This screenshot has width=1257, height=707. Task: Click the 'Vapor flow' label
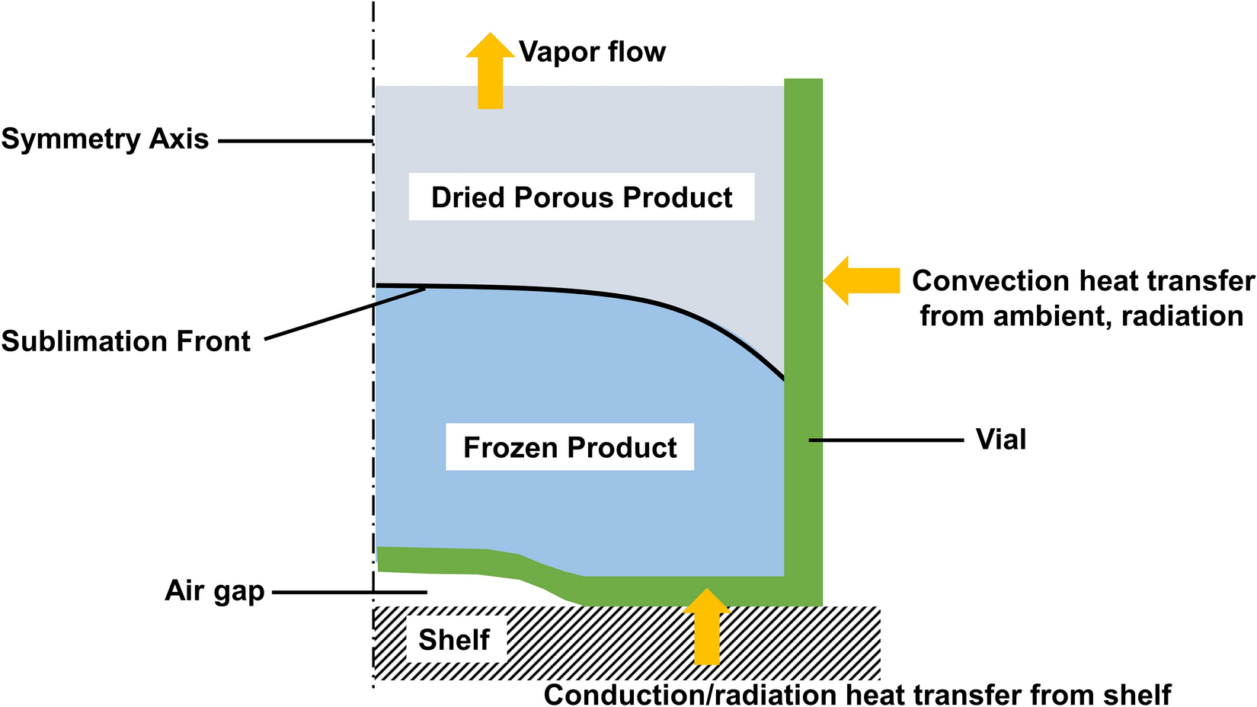pos(592,52)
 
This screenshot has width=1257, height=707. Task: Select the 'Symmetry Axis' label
pos(105,139)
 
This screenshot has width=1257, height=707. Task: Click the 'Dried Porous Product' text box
pos(581,197)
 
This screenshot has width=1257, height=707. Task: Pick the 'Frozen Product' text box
pos(570,447)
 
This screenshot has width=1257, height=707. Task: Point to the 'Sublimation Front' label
pos(126,341)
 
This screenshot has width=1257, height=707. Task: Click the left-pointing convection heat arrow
pos(862,280)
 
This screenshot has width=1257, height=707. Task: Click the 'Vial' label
pos(1001,440)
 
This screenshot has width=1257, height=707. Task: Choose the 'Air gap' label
pos(214,591)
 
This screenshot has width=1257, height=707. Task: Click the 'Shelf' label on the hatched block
pos(454,640)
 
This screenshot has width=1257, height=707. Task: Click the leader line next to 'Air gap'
pos(349,592)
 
